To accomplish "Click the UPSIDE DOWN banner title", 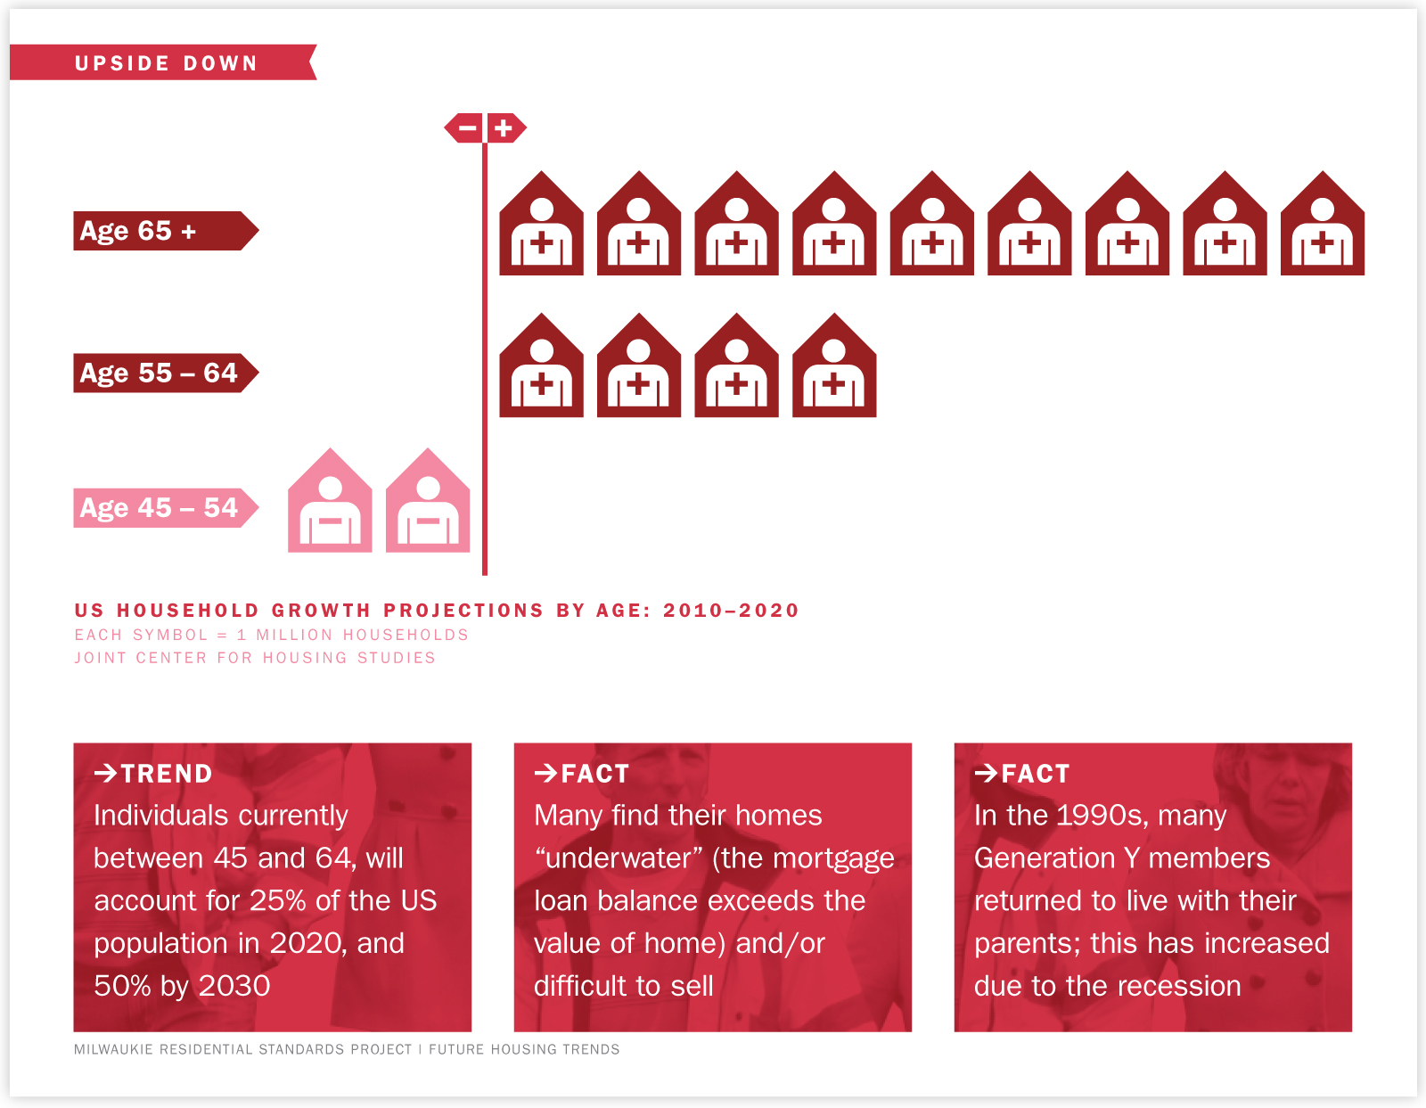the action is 166,63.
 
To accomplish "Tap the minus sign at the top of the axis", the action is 467,128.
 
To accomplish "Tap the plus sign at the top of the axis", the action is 504,128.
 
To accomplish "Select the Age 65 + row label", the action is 166,231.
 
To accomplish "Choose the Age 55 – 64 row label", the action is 166,373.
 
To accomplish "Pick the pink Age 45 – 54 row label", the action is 166,508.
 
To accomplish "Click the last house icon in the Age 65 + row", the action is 1323,223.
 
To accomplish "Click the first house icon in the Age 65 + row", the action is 541,223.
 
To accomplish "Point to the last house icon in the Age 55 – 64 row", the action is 834,365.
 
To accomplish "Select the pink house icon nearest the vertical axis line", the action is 428,501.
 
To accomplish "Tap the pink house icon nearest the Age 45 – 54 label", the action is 330,501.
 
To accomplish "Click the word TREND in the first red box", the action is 167,774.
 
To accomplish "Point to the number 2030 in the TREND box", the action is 234,986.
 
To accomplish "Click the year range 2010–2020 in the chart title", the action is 731,611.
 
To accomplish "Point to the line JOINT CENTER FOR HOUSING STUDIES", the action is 255,658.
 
